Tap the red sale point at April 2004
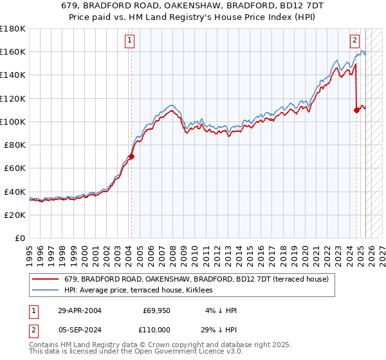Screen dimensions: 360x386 (x=131, y=156)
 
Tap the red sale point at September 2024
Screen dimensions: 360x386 (x=356, y=110)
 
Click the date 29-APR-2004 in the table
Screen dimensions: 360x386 (x=79, y=310)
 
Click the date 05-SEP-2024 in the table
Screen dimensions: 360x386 (x=79, y=328)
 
